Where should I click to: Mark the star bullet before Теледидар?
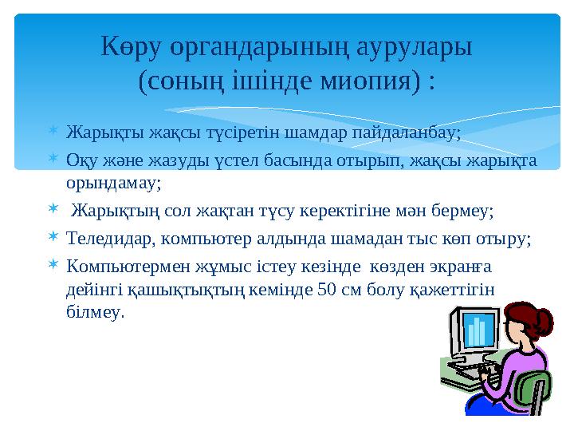pyautogui.click(x=50, y=237)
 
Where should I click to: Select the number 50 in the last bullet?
pyautogui.click(x=326, y=288)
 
